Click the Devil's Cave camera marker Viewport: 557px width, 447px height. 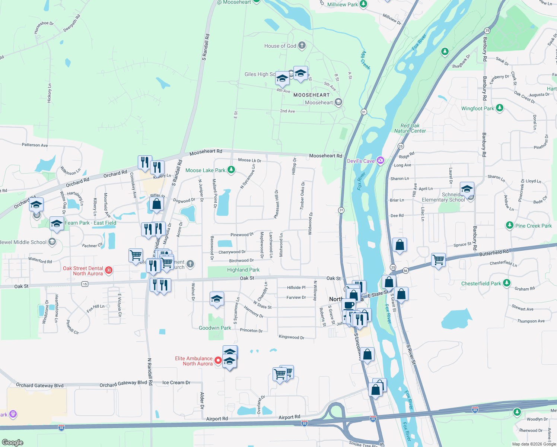pyautogui.click(x=380, y=161)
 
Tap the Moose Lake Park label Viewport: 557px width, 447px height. pyautogui.click(x=205, y=170)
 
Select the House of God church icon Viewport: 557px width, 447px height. pyautogui.click(x=302, y=45)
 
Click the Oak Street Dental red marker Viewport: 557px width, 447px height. pyautogui.click(x=109, y=270)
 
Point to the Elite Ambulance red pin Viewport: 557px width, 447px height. pyautogui.click(x=218, y=361)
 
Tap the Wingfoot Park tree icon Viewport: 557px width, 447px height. pyautogui.click(x=500, y=108)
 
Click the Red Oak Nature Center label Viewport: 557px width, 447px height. pyautogui.click(x=410, y=128)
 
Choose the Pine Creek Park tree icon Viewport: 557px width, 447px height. pyautogui.click(x=510, y=225)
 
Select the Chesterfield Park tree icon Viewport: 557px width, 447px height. pyautogui.click(x=507, y=283)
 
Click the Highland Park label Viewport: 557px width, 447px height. pyautogui.click(x=243, y=270)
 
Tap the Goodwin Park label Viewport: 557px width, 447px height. pyautogui.click(x=215, y=328)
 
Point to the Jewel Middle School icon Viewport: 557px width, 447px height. pyautogui.click(x=52, y=242)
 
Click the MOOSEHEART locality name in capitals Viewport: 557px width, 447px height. pyautogui.click(x=311, y=95)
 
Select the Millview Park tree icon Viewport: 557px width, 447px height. pyautogui.click(x=363, y=4)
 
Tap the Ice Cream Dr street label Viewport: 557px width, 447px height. pyautogui.click(x=176, y=383)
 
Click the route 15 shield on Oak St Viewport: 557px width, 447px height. pyautogui.click(x=85, y=284)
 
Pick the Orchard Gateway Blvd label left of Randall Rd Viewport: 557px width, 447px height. pyautogui.click(x=39, y=386)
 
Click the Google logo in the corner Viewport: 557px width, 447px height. pyautogui.click(x=13, y=442)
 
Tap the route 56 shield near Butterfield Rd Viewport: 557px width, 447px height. pyautogui.click(x=405, y=271)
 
